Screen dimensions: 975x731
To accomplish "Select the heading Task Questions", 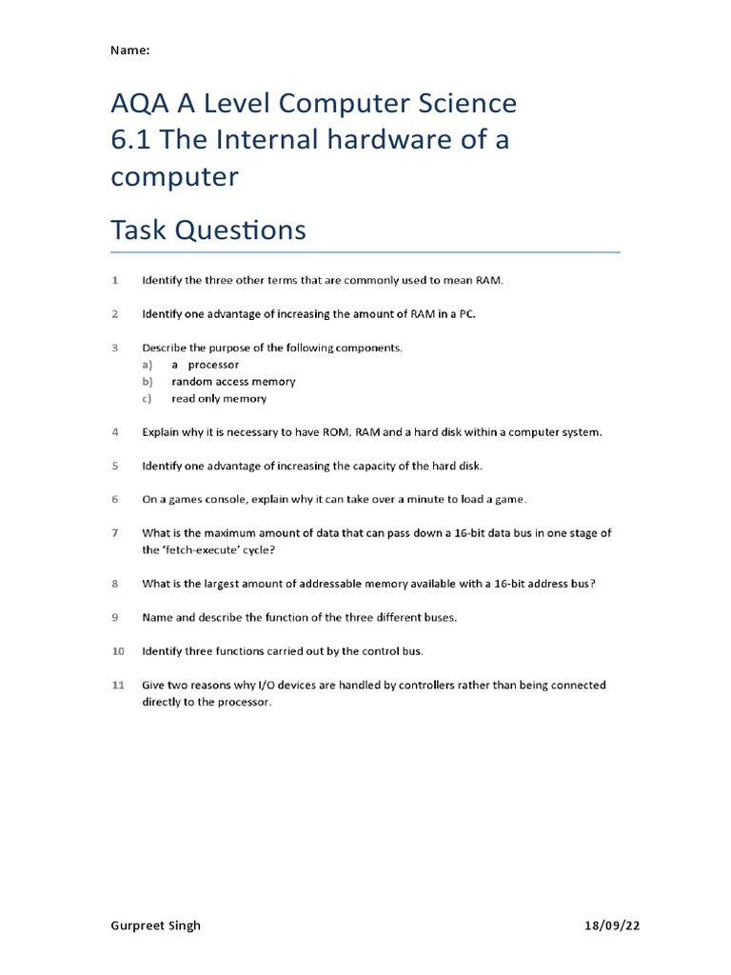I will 208,229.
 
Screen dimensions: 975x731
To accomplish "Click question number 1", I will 115,280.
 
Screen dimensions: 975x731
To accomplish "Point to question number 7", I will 115,533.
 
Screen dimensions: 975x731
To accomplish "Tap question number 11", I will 118,685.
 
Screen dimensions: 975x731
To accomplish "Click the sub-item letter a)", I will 148,365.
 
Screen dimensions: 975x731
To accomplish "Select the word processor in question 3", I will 213,365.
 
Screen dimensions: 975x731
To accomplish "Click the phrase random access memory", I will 233,382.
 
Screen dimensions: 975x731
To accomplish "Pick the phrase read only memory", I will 219,399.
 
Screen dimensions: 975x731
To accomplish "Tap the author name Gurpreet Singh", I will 156,925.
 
